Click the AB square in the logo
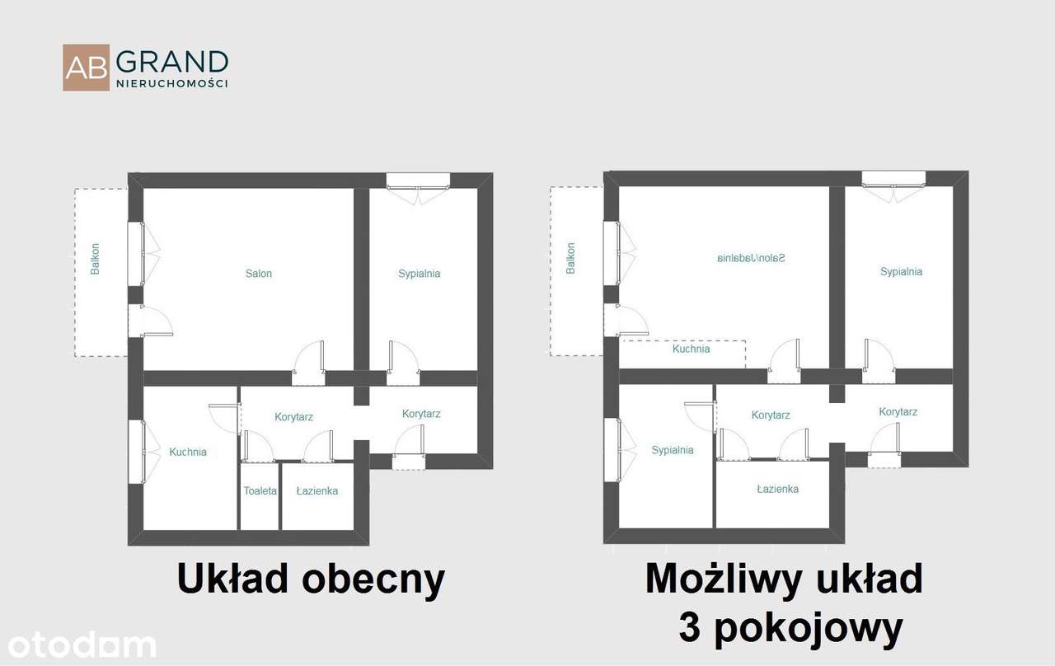(x=86, y=68)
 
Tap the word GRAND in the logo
(x=171, y=63)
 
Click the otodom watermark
(x=77, y=645)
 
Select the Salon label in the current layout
(x=258, y=274)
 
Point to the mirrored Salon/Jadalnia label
(x=751, y=258)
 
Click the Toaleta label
(x=260, y=491)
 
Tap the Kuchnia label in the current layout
(x=188, y=452)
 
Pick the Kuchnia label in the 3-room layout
(x=691, y=349)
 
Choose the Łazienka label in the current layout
(x=317, y=491)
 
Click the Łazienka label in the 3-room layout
(x=777, y=489)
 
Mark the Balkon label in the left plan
(x=96, y=258)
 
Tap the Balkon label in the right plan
(x=571, y=258)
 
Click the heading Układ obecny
(x=311, y=579)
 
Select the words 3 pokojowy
(x=790, y=630)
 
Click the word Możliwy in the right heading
(x=723, y=579)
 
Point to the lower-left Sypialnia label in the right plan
(x=673, y=450)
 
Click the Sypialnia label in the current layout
(x=419, y=274)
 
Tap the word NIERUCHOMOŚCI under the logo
(x=171, y=83)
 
